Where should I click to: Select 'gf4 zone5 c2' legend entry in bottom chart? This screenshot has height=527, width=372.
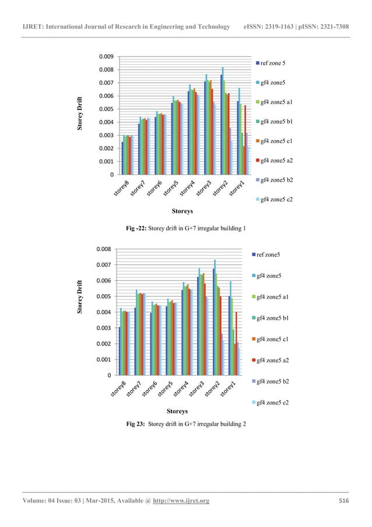coord(273,403)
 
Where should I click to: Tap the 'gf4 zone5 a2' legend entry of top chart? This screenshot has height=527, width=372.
coord(277,160)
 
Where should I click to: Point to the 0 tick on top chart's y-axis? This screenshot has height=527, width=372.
coord(111,174)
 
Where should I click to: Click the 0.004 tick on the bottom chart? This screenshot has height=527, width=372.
coord(105,312)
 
